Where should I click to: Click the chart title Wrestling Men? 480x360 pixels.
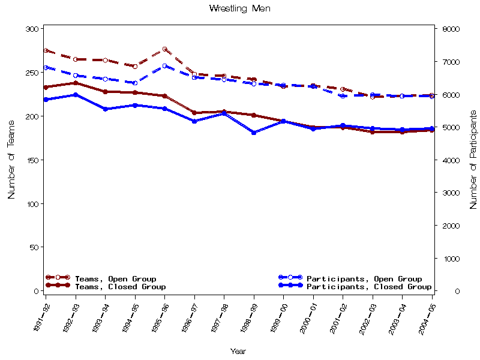[x=239, y=8]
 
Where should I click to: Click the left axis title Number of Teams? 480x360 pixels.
[x=11, y=158]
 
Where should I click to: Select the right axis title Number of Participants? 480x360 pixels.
[x=473, y=160]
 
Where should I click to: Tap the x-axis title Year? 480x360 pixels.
[x=238, y=352]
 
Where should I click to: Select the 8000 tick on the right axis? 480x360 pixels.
[x=451, y=29]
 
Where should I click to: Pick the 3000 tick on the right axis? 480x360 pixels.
[x=451, y=193]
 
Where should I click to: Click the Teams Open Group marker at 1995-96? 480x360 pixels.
[x=165, y=49]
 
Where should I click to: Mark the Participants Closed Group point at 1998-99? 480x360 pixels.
[x=254, y=133]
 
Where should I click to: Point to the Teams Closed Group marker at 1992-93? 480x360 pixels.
[x=76, y=83]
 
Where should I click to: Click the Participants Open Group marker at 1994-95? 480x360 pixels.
[x=135, y=83]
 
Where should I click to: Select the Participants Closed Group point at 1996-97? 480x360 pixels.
[x=194, y=121]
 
